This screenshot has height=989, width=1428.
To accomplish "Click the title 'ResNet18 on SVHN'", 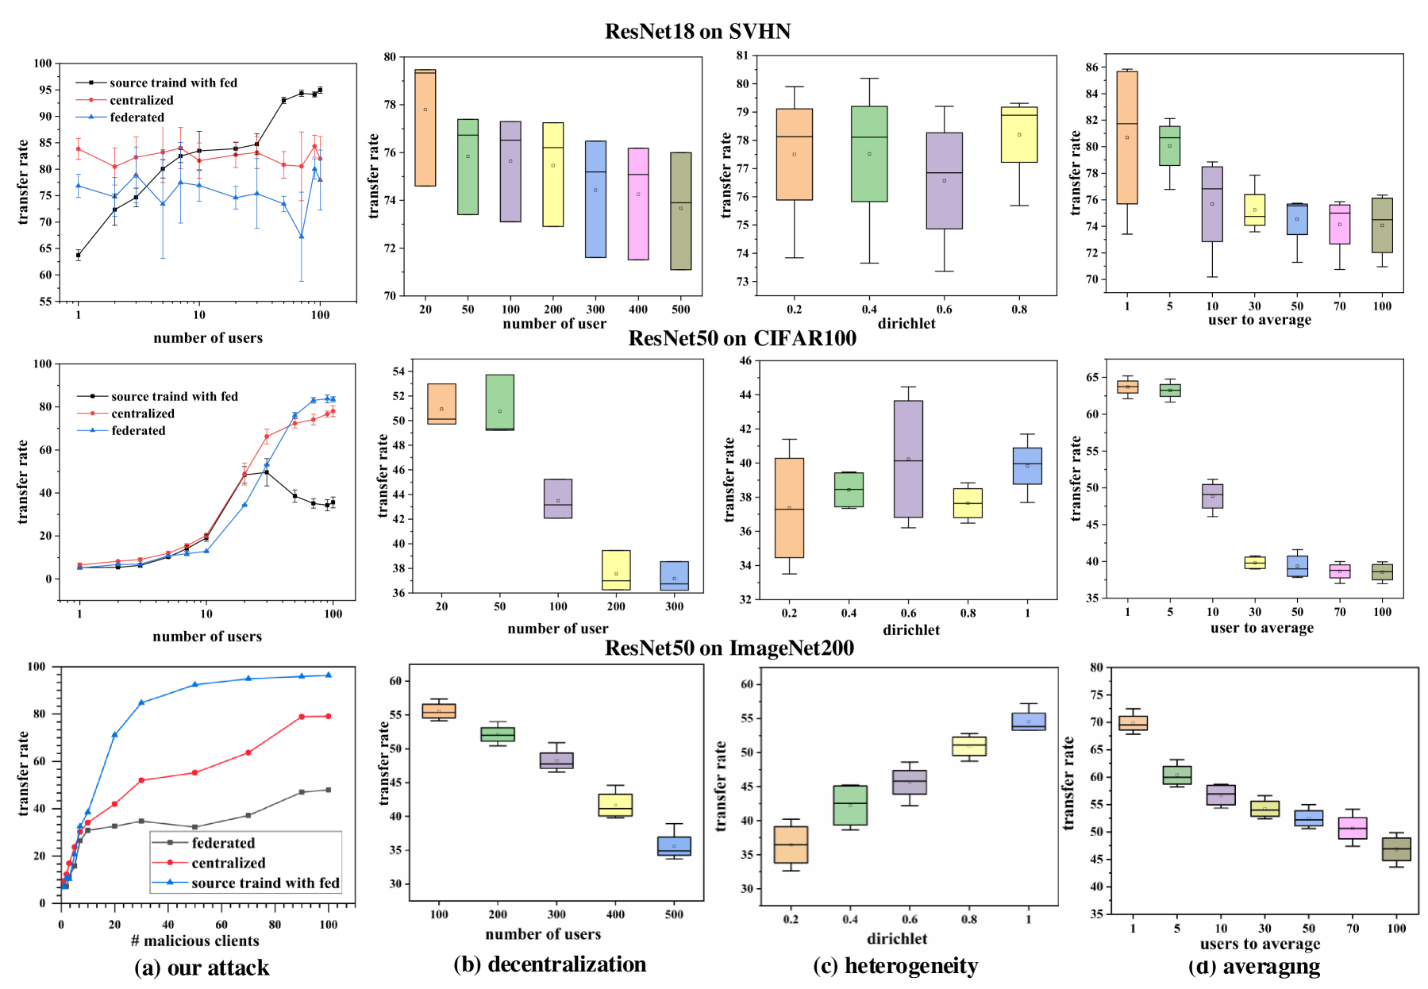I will point(698,31).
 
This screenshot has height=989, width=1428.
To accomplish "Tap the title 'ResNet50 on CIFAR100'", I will point(742,338).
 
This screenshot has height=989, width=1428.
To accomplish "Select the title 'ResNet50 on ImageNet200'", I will point(729,648).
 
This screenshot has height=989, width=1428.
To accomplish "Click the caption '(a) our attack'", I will point(202,968).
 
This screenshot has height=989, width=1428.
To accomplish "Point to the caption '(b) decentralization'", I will point(549,964).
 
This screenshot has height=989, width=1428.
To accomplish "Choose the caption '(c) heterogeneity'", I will point(895,965).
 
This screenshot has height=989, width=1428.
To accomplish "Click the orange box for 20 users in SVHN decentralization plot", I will point(425,128).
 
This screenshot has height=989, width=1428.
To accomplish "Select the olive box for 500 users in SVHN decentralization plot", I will point(680,211).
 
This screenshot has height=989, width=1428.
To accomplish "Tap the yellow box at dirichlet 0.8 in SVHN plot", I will point(1019,135).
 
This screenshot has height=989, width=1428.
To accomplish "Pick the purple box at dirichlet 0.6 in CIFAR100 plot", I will point(908,459).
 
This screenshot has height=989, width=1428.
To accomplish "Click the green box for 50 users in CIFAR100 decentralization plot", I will point(499,402).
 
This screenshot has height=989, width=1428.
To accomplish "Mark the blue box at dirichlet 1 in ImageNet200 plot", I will point(1028,722).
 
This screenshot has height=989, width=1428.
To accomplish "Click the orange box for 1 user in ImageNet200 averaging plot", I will point(1133,723).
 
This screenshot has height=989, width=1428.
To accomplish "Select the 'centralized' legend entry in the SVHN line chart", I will point(141,100).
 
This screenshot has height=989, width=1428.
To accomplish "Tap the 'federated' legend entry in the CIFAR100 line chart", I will point(138,430).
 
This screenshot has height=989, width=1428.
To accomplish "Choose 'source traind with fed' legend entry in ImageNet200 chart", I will point(265,883).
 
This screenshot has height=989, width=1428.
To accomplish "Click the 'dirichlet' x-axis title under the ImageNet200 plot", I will point(897,938).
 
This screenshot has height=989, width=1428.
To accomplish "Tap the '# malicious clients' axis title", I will point(195,941).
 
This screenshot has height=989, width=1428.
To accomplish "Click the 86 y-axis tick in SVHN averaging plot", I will point(1092,67).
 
